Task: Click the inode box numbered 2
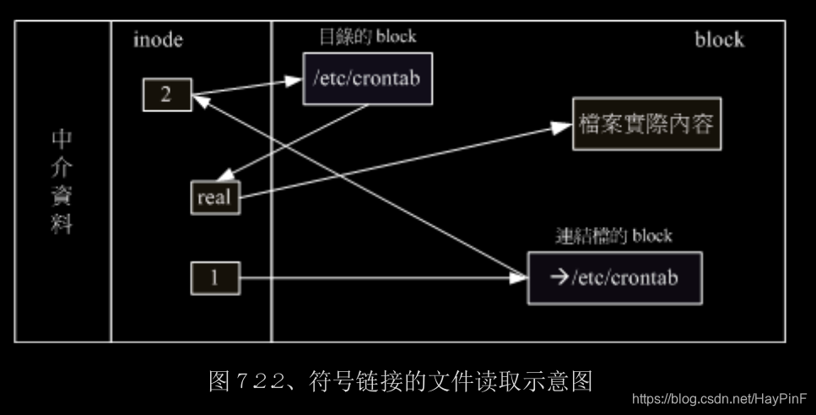point(165,94)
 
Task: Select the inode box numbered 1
point(214,278)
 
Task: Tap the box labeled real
point(213,198)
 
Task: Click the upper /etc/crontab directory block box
point(366,80)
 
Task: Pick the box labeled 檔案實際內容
point(647,124)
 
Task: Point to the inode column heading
point(158,40)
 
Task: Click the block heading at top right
point(719,39)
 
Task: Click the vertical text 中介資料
point(62,181)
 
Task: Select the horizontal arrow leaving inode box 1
point(380,277)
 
